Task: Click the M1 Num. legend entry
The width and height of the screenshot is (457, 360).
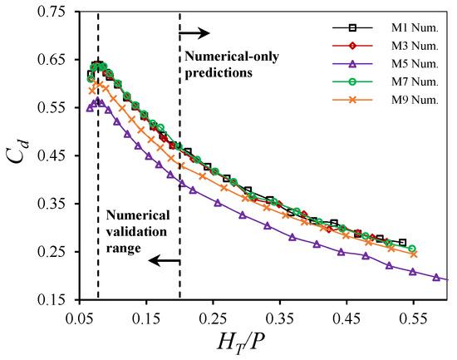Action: pos(386,27)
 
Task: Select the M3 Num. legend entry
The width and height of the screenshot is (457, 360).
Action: pos(386,46)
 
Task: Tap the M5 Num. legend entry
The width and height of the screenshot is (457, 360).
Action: pos(386,63)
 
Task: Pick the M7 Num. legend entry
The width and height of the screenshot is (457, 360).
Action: pos(386,81)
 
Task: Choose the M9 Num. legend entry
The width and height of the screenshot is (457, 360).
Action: pos(386,100)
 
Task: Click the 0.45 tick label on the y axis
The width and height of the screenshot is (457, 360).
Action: pos(55,155)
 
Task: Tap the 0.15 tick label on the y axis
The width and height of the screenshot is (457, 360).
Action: pos(55,299)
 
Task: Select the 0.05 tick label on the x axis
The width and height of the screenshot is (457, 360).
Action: pos(80,319)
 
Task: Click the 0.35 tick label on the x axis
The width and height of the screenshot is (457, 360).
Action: pos(280,319)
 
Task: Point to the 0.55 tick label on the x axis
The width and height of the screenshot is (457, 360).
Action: pos(413,319)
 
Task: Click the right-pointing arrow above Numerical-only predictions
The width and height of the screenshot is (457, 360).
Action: pos(194,33)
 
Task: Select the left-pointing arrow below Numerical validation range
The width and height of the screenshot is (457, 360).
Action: pos(164,260)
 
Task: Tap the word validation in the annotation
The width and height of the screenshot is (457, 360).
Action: pos(136,232)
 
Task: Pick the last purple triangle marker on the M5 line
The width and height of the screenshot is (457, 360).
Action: pos(436,277)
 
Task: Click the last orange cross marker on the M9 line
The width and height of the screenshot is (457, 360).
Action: pos(414,254)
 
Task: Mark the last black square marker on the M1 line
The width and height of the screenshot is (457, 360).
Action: pos(403,243)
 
